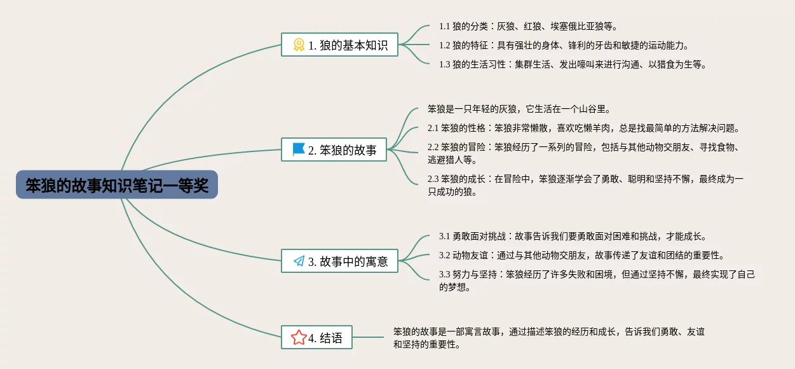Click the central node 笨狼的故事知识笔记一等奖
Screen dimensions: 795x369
[x=117, y=184]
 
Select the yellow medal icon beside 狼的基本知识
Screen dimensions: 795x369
[x=299, y=45]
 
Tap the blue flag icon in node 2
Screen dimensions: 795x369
[x=299, y=150]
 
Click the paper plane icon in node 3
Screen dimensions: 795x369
[x=299, y=261]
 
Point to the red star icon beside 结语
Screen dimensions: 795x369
[x=299, y=337]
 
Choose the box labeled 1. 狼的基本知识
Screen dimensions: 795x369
[x=339, y=45]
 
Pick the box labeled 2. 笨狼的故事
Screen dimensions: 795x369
[x=334, y=150]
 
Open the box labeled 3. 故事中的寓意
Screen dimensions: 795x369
[x=339, y=261]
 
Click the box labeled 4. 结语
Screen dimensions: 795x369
[x=316, y=337]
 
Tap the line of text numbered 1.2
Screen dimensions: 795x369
[x=564, y=45]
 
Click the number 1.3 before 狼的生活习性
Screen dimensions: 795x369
[x=444, y=65]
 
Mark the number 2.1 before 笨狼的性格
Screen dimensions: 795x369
[x=433, y=129]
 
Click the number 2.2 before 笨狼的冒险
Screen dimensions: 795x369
[x=433, y=148]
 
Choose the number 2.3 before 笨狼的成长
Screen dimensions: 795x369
[x=433, y=179]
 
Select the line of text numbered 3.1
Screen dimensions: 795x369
[x=573, y=237]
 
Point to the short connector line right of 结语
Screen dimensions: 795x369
[x=368, y=337]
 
